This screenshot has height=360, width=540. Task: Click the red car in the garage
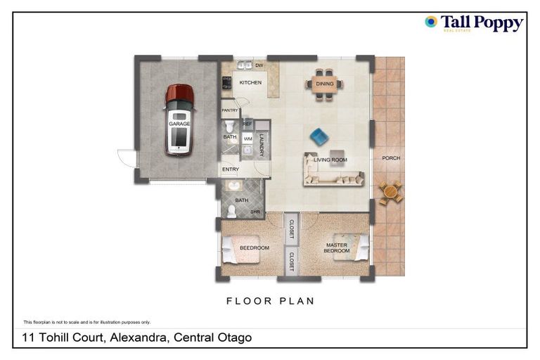click(x=179, y=120)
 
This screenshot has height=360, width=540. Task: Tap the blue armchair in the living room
click(x=319, y=136)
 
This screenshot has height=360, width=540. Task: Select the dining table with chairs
click(x=325, y=84)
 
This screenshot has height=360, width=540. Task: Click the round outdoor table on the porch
click(x=390, y=191)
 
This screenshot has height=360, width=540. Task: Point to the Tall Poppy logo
click(x=474, y=23)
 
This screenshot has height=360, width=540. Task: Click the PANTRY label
click(x=230, y=110)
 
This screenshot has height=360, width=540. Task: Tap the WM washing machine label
click(x=247, y=139)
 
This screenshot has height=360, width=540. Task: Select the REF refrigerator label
click(x=247, y=124)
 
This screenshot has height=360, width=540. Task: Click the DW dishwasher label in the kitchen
click(x=259, y=65)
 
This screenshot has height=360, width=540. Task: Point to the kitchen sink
click(x=244, y=66)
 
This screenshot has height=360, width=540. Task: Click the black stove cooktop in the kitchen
click(x=226, y=83)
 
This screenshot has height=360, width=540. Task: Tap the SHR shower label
click(x=255, y=211)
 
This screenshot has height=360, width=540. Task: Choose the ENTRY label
click(x=231, y=169)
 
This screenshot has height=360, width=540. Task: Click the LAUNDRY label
click(x=262, y=144)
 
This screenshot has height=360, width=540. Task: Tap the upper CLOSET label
click(x=291, y=229)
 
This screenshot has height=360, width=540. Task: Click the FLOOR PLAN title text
click(x=270, y=301)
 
